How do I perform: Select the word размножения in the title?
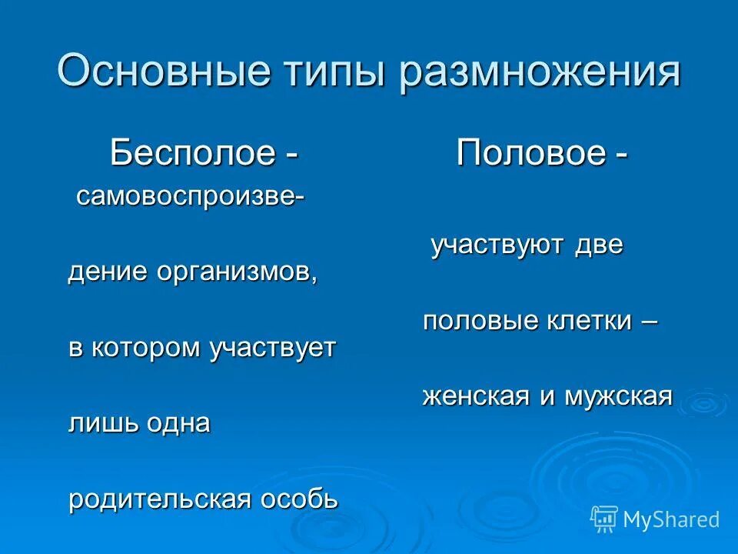[x=540, y=72]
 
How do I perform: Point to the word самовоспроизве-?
[x=190, y=196]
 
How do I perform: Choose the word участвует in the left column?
[x=272, y=348]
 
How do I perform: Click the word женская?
[x=476, y=397]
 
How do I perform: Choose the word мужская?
[x=619, y=397]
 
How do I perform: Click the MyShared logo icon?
[x=604, y=519]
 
